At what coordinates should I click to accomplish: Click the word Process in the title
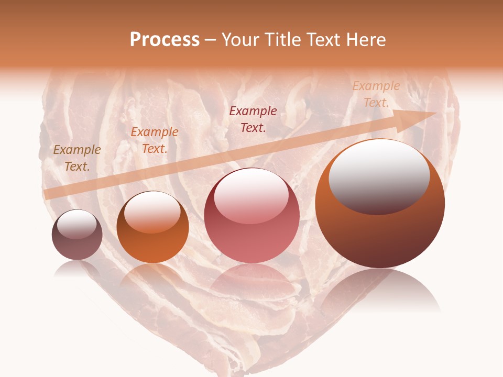pyautogui.click(x=165, y=40)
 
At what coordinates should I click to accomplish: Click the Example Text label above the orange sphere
pyautogui.click(x=155, y=140)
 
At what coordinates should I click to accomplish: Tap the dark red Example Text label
pyautogui.click(x=253, y=119)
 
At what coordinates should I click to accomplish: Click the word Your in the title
pyautogui.click(x=239, y=40)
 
